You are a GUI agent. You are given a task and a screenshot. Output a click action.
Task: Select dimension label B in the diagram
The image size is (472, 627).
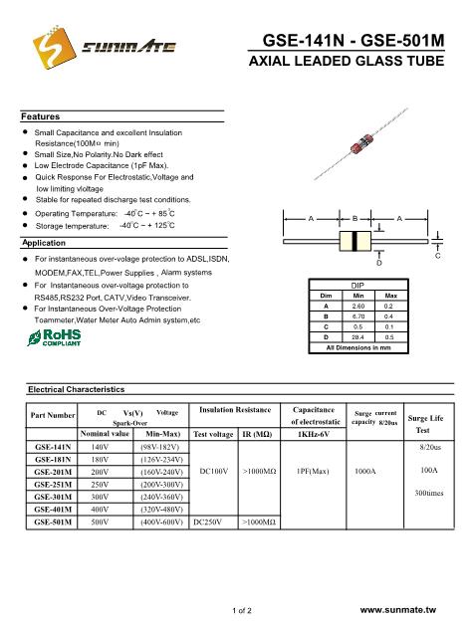click(355, 217)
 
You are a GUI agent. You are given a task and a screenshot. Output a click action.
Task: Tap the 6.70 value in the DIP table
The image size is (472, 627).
click(359, 315)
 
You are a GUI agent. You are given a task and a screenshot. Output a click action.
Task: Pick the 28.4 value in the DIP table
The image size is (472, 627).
click(359, 337)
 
